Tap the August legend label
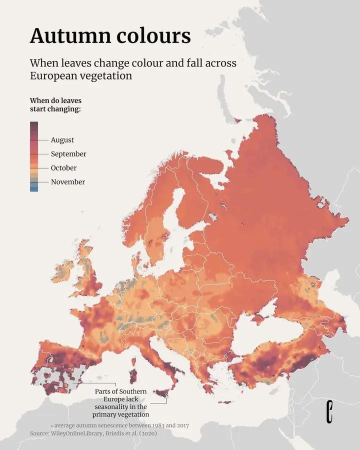pos(62,140)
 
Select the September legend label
pos(68,154)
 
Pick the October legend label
pos(63,168)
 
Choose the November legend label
pos(67,182)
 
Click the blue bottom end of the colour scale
pos(34,188)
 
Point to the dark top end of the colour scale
pos(34,125)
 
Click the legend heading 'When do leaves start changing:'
pos(55,105)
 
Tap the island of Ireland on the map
pos(64,271)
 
